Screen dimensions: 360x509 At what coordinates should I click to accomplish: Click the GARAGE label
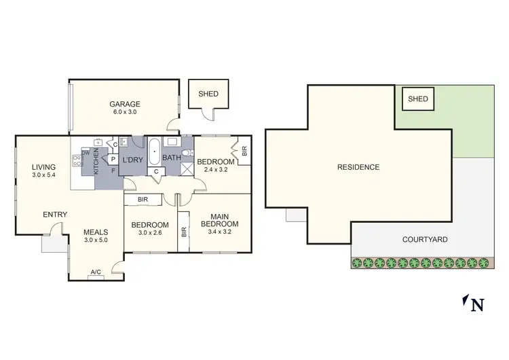(x=125, y=104)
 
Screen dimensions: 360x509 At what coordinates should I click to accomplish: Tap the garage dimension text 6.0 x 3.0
(x=125, y=112)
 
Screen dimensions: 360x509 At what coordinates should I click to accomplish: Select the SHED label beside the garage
(x=208, y=94)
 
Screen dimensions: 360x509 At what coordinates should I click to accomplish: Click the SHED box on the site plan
(x=418, y=99)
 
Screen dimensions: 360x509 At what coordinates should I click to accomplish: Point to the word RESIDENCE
(x=358, y=167)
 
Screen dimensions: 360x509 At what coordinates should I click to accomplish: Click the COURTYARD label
(x=424, y=240)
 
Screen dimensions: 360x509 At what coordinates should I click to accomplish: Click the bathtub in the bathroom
(x=154, y=150)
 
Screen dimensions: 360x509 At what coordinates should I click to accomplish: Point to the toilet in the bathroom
(x=187, y=153)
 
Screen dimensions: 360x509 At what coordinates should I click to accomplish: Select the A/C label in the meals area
(x=96, y=272)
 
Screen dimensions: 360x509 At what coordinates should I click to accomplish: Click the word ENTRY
(x=55, y=215)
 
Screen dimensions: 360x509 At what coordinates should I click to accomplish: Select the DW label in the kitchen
(x=85, y=152)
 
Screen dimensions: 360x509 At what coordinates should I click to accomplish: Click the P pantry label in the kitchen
(x=113, y=158)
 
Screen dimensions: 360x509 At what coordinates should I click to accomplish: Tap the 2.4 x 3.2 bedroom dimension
(x=215, y=170)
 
